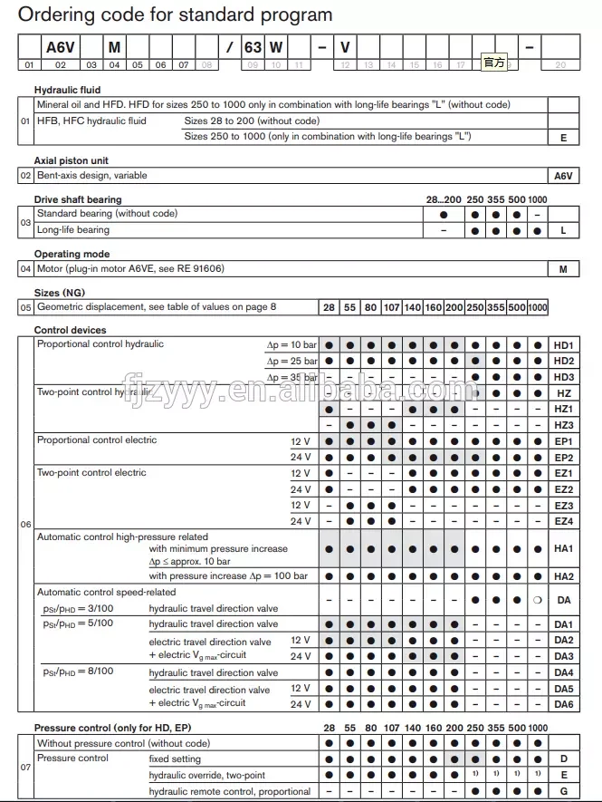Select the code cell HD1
click(564, 345)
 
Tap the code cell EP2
click(564, 458)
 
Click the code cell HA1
click(564, 549)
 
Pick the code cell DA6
click(564, 704)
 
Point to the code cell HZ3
click(564, 425)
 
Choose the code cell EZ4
click(564, 521)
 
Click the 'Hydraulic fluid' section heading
click(68, 90)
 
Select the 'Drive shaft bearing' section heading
click(78, 199)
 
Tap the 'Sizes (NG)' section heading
click(60, 293)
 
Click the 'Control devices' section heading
click(70, 330)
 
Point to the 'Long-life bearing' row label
click(73, 230)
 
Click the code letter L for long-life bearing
click(564, 231)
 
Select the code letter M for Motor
click(564, 269)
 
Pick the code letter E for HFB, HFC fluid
click(564, 137)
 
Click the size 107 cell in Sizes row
click(391, 307)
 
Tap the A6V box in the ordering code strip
click(60, 48)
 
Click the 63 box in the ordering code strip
click(253, 48)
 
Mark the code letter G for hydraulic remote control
click(564, 791)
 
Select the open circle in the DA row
click(538, 599)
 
